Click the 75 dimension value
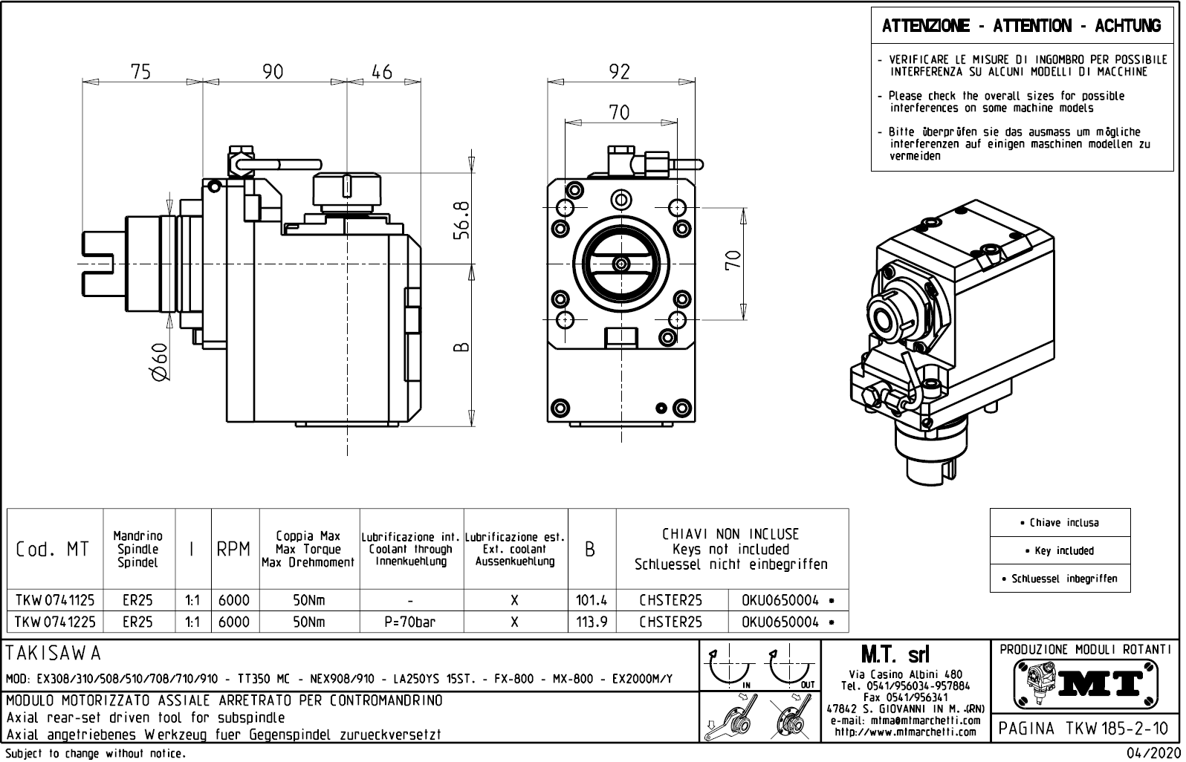tap(140, 71)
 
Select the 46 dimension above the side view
tap(381, 71)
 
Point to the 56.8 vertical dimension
tap(461, 220)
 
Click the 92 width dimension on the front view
tap(619, 71)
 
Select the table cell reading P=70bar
tap(411, 622)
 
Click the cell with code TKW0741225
tap(55, 622)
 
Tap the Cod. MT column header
tap(53, 550)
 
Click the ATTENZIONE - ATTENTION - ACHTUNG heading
tap(1021, 27)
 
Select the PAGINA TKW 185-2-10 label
tap(1084, 729)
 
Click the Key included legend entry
tap(1060, 551)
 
